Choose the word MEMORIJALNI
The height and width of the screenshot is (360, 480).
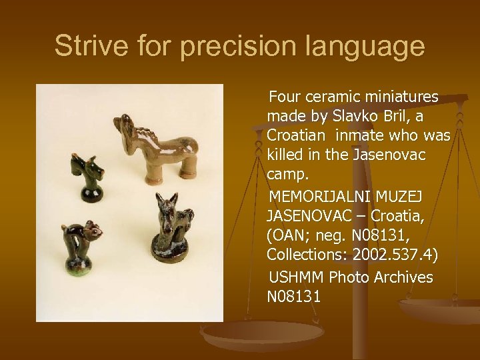(x=313, y=198)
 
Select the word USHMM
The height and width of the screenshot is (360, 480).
(x=294, y=277)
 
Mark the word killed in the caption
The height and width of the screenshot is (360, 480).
(x=285, y=154)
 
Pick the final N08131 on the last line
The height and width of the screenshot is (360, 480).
(x=294, y=295)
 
